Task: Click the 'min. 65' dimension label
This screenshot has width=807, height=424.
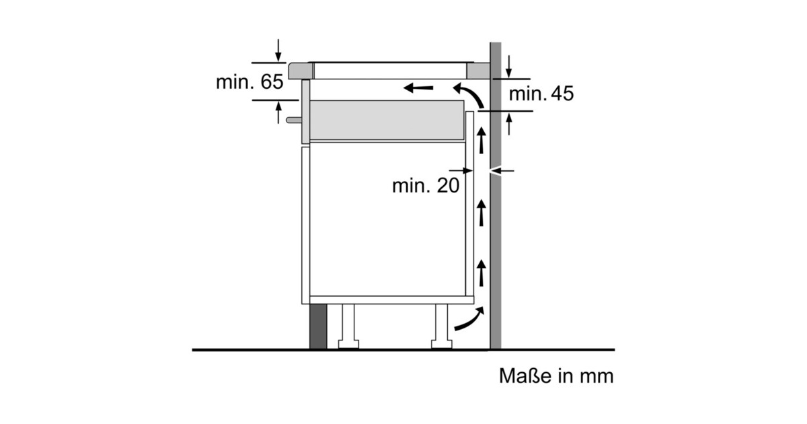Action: [x=249, y=82]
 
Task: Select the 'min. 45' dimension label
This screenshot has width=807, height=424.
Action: [x=541, y=94]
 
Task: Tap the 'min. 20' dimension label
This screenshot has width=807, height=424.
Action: [x=426, y=186]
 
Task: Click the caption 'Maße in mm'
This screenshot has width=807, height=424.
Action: [x=556, y=376]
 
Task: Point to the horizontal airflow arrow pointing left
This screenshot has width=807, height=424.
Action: [x=418, y=87]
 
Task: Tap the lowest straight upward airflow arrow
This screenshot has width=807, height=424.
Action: [x=482, y=273]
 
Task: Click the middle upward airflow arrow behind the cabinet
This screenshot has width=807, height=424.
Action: [x=482, y=213]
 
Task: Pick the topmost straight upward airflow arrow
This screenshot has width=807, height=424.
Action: [x=482, y=141]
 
